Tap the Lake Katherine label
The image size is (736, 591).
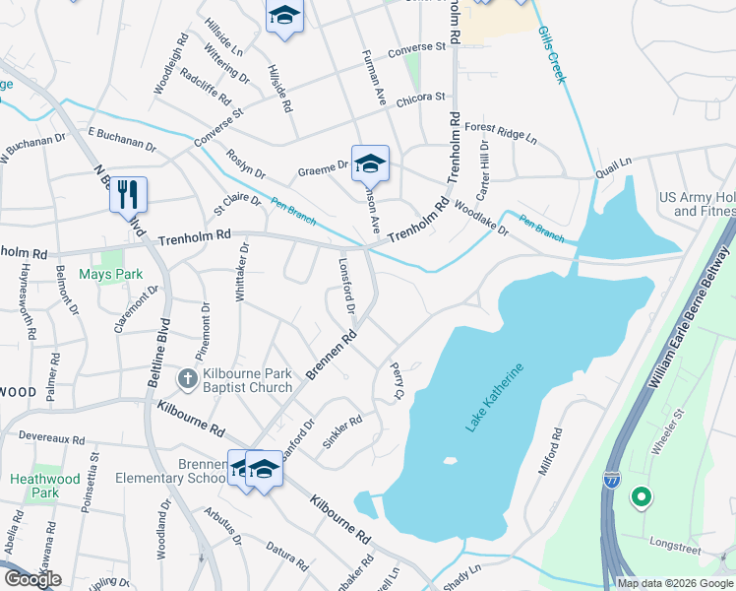click(495, 396)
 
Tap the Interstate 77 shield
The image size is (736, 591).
click(611, 479)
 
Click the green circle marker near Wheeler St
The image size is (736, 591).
click(642, 498)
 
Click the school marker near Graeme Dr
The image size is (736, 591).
click(370, 163)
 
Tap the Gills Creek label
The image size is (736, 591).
click(552, 54)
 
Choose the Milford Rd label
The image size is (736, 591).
click(550, 452)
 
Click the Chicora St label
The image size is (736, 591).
click(421, 98)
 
